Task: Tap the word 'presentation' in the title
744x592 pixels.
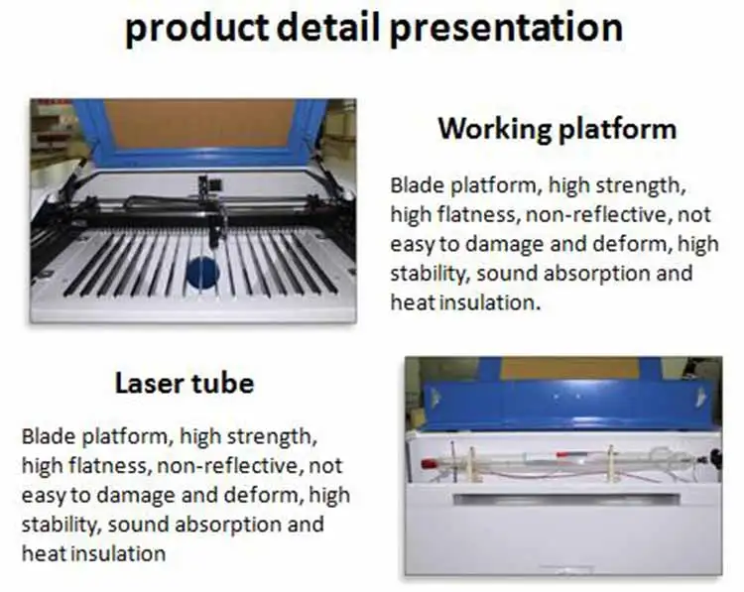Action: click(506, 29)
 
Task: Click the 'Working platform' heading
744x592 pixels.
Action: click(557, 129)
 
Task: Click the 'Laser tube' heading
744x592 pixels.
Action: click(184, 383)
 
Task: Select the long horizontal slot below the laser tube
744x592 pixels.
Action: click(565, 498)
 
